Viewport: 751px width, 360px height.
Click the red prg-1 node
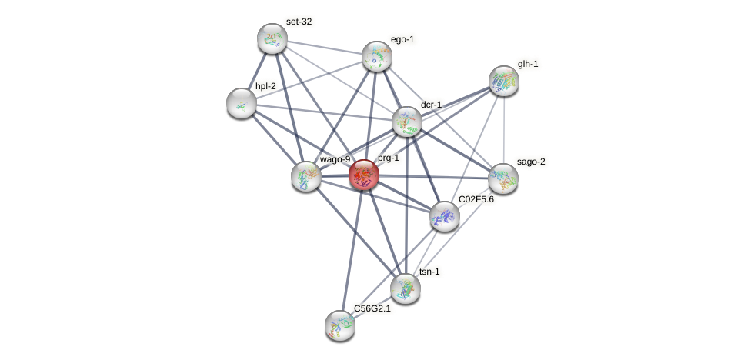pos(364,175)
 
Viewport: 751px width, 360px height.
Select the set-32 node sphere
pos(272,38)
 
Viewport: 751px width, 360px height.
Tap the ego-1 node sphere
pos(377,55)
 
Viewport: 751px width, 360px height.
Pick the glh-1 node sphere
pos(504,80)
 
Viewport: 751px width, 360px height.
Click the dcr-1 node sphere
pos(407,122)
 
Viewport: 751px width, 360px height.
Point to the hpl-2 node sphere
pos(242,103)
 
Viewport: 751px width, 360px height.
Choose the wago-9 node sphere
pos(306,176)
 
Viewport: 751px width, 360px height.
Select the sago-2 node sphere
pos(503,178)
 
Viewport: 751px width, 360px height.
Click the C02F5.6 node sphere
pos(444,216)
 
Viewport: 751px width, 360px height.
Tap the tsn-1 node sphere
pos(406,288)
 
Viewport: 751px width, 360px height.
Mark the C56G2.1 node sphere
pos(340,325)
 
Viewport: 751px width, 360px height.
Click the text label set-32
pos(299,22)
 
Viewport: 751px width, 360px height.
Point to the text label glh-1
pos(528,64)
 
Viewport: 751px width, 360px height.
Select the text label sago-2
pos(531,162)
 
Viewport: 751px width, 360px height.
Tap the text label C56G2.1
pos(372,308)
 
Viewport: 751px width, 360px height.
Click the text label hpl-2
pos(265,86)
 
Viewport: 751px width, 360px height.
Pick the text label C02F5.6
pos(476,199)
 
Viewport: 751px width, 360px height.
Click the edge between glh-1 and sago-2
pos(504,129)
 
